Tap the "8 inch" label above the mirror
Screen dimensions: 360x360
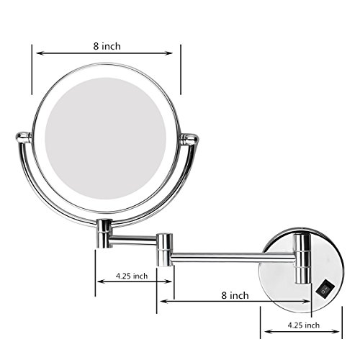(x=107, y=46)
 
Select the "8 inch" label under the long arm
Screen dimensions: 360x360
(x=235, y=295)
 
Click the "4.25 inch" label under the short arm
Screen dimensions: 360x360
(x=132, y=276)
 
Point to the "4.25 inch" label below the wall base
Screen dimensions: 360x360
(x=304, y=325)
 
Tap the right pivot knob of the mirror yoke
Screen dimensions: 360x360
(x=189, y=139)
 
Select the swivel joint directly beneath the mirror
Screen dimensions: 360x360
(x=104, y=233)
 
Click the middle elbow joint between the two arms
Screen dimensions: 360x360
(x=165, y=249)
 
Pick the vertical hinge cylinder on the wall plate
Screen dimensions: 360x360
(x=302, y=258)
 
